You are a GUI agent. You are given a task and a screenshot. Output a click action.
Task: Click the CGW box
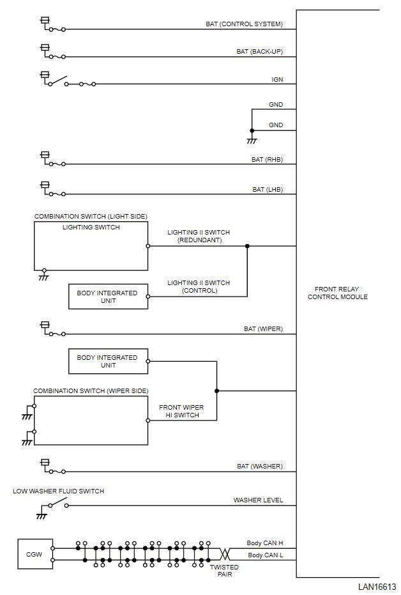pyautogui.click(x=34, y=554)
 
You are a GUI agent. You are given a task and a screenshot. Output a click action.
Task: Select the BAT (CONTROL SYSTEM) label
pyautogui.click(x=244, y=24)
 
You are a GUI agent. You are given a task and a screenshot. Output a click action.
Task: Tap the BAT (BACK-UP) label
pyautogui.click(x=259, y=52)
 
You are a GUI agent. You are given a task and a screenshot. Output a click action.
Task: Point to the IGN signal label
pyautogui.click(x=277, y=79)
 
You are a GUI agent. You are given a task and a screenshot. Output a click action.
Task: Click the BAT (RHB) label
pyautogui.click(x=267, y=159)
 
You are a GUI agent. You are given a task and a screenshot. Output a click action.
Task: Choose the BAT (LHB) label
pyautogui.click(x=267, y=189)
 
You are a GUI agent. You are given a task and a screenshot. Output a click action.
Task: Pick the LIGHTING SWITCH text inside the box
pyautogui.click(x=91, y=227)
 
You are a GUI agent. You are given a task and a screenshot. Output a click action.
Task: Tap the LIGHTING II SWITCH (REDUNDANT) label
pyautogui.click(x=199, y=236)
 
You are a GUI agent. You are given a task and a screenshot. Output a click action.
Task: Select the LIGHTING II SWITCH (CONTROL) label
pyautogui.click(x=199, y=286)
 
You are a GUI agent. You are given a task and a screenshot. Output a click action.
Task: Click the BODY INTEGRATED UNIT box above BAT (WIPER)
pyautogui.click(x=108, y=297)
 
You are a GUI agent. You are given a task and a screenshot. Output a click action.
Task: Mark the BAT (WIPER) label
pyautogui.click(x=263, y=329)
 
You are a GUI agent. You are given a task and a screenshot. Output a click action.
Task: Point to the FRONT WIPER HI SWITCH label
pyautogui.click(x=181, y=411)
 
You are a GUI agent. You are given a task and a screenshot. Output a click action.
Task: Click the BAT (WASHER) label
pyautogui.click(x=259, y=467)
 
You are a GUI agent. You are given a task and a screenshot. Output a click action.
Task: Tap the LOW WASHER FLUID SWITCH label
pyautogui.click(x=59, y=491)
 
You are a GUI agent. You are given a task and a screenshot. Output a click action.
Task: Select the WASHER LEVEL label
pyautogui.click(x=258, y=500)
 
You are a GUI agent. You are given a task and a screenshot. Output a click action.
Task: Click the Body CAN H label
pyautogui.click(x=265, y=543)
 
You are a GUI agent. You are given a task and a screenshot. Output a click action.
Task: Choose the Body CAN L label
pyautogui.click(x=265, y=555)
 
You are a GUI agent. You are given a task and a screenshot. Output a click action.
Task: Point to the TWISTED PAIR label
pyautogui.click(x=224, y=571)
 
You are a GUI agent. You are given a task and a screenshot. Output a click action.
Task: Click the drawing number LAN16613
pyautogui.click(x=377, y=587)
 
